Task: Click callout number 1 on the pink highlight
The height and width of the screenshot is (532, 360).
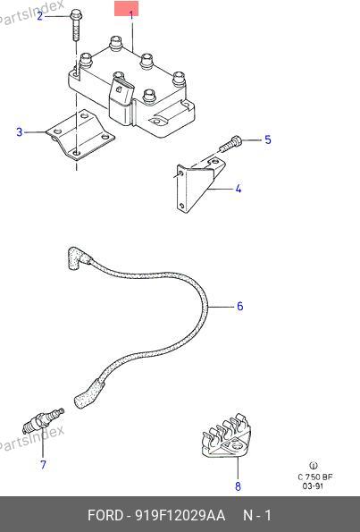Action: [x=131, y=14]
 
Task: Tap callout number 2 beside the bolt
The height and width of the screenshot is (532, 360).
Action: [x=40, y=15]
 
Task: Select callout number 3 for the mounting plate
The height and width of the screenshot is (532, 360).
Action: [x=20, y=131]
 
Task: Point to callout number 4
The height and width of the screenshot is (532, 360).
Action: [x=239, y=189]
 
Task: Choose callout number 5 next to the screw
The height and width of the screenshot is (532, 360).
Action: [x=268, y=139]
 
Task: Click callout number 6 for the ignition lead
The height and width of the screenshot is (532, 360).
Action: [x=240, y=307]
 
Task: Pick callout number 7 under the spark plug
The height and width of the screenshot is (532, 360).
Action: [x=43, y=464]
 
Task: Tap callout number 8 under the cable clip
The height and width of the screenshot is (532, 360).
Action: [x=238, y=486]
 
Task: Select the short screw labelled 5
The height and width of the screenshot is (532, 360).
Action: [x=230, y=144]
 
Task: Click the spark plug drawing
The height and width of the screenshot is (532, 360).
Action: [x=43, y=422]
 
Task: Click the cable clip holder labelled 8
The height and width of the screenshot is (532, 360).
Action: [x=228, y=435]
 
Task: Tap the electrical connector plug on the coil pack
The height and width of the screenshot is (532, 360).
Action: [x=121, y=100]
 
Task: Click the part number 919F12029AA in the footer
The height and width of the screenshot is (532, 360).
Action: [x=180, y=515]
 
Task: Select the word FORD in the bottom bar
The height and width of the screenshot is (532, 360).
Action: [x=105, y=515]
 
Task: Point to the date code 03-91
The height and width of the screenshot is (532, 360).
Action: [x=313, y=486]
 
